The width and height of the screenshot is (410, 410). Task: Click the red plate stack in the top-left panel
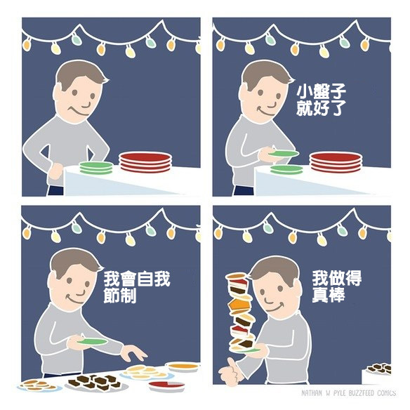(145, 162)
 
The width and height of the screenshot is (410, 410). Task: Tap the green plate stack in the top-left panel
(96, 168)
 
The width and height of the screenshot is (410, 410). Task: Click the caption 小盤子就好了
(321, 100)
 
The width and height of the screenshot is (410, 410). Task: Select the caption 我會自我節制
(137, 287)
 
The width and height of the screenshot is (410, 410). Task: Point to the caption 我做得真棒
(337, 286)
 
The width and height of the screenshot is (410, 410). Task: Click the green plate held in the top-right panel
(284, 154)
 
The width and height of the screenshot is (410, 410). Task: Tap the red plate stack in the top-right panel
(336, 162)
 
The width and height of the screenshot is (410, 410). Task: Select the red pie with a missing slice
(166, 386)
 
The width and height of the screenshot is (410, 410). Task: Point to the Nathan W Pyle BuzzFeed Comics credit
(348, 393)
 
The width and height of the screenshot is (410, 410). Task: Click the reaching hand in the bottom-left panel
(134, 353)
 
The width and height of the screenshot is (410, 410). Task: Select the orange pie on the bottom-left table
(183, 367)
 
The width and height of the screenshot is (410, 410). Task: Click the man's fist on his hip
(55, 171)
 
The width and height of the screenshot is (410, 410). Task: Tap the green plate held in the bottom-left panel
(92, 342)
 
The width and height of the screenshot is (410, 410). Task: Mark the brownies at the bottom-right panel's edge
(380, 369)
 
